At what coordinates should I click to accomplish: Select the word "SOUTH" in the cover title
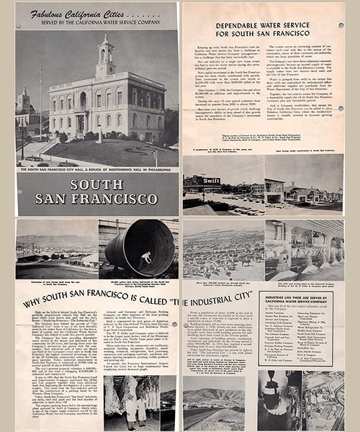pyautogui.click(x=96, y=184)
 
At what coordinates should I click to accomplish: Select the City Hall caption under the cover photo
pyautogui.click(x=96, y=171)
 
